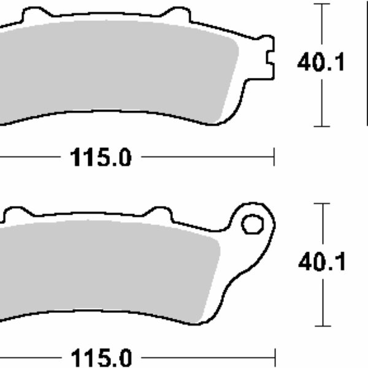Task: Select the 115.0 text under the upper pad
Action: point(100,158)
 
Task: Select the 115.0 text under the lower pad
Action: point(100,358)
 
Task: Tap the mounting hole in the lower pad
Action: point(250,224)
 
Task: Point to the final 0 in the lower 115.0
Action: point(123,358)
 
